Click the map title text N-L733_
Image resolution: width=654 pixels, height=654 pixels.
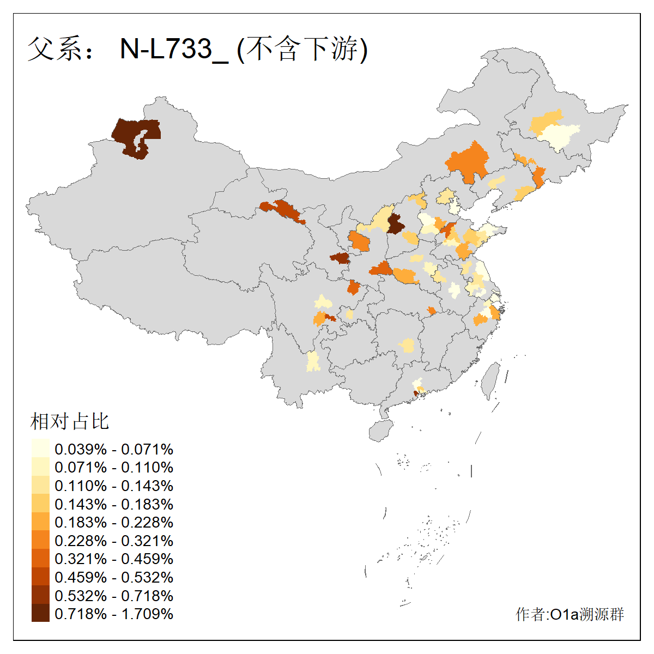point(173,49)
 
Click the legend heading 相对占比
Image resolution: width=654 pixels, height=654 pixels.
point(70,421)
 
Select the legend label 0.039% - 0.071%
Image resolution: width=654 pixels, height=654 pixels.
point(114,449)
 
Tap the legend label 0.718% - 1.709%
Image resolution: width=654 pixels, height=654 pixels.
point(114,614)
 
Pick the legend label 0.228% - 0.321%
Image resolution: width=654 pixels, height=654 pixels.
point(114,541)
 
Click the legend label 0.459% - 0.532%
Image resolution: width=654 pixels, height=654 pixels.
point(114,577)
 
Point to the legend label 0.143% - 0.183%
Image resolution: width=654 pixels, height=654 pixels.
point(114,504)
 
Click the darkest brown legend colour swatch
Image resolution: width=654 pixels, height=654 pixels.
point(40,614)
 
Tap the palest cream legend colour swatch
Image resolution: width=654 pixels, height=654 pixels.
point(40,449)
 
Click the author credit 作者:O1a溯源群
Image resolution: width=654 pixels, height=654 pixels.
point(570,615)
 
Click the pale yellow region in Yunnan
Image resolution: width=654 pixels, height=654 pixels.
point(313,361)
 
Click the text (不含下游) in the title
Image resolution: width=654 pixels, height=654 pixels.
point(302,49)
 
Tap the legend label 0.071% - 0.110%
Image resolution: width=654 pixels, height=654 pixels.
point(114,468)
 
